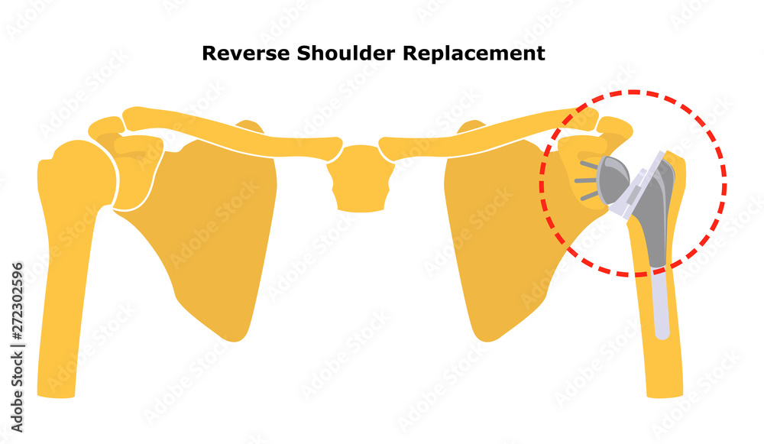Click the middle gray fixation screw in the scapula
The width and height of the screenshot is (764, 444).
pyautogui.click(x=586, y=180)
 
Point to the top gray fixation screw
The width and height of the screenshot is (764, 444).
pyautogui.click(x=589, y=164)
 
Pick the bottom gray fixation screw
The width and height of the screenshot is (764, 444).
pyautogui.click(x=590, y=196)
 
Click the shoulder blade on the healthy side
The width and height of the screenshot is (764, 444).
pyautogui.click(x=206, y=229)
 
